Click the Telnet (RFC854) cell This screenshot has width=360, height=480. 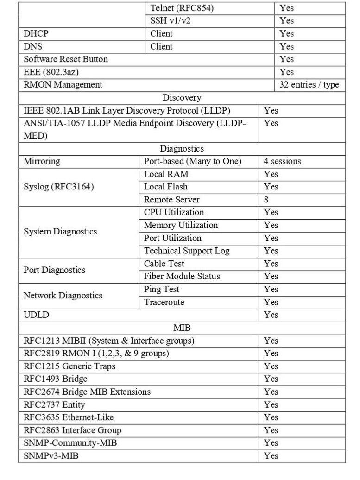point(182,8)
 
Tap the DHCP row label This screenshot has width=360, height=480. point(36,33)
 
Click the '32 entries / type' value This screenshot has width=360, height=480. point(309,85)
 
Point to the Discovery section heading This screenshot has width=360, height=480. point(182,98)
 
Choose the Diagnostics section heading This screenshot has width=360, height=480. point(182,149)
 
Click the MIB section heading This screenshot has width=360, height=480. point(182,328)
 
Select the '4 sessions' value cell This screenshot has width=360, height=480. point(282,161)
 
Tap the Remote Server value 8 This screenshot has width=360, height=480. point(266,200)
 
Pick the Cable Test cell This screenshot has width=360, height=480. point(164,264)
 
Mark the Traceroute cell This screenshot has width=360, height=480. point(164,302)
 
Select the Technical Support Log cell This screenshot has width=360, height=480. point(187,251)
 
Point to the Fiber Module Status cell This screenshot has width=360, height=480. point(182,276)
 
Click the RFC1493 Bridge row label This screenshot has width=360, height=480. point(55,379)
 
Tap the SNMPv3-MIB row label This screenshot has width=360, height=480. point(51,456)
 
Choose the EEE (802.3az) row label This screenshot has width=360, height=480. point(48,72)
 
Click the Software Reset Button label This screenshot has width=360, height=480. point(65,59)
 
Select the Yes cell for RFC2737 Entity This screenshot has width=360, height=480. point(271,404)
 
